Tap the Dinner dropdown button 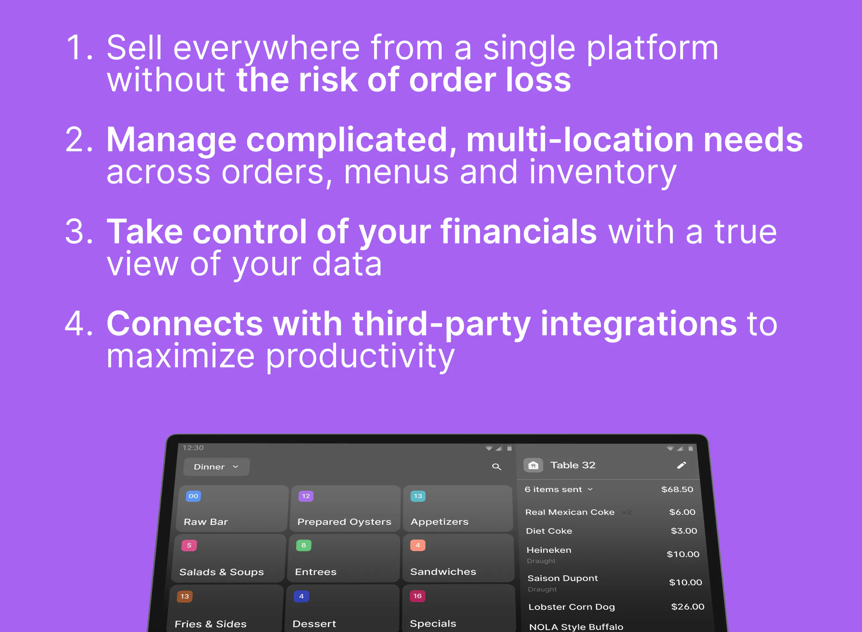point(216,467)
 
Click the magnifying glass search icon point(497,467)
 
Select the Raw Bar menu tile point(232,509)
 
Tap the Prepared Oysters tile point(344,509)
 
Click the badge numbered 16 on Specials point(417,596)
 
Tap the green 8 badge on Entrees point(303,545)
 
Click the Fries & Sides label point(211,624)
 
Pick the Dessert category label point(314,624)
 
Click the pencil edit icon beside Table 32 point(681,465)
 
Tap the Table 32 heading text point(573,465)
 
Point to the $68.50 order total point(677,489)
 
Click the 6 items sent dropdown point(559,489)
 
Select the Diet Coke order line point(549,531)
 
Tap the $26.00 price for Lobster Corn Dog point(688,607)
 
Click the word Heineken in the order point(549,550)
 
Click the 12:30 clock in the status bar point(193,448)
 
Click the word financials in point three point(519,232)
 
